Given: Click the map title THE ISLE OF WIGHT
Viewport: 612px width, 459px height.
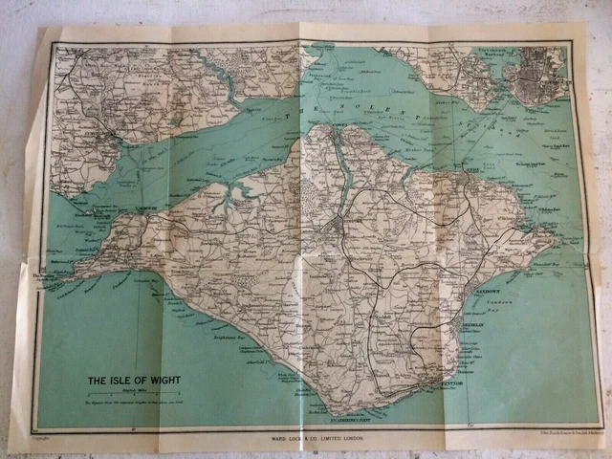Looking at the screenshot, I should click(133, 380).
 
